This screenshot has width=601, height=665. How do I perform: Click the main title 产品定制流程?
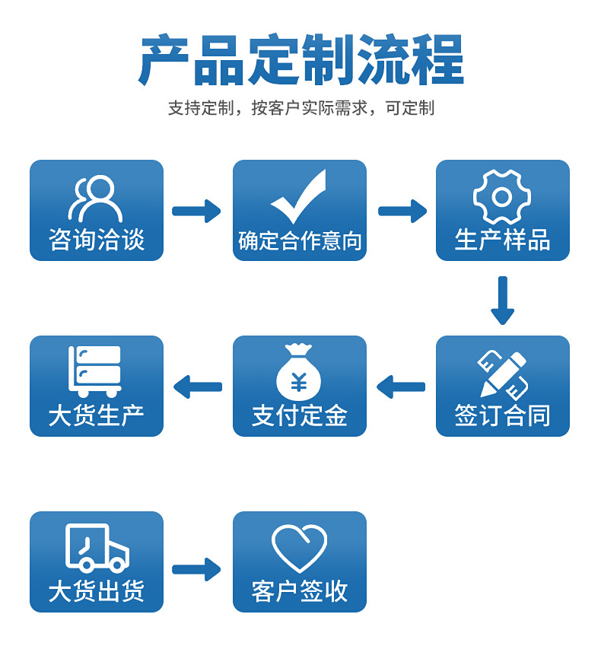pyautogui.click(x=301, y=61)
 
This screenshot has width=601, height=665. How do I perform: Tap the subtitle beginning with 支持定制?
pyautogui.click(x=301, y=108)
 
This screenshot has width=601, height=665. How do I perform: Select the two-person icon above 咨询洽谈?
pyautogui.click(x=96, y=199)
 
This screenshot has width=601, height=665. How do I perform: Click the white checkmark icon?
pyautogui.click(x=299, y=197)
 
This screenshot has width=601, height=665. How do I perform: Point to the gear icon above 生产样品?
pyautogui.click(x=502, y=197)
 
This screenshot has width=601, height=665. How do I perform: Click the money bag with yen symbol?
pyautogui.click(x=299, y=372)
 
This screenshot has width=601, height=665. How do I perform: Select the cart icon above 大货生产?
pyautogui.click(x=95, y=371)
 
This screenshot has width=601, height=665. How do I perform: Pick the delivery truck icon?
pyautogui.click(x=97, y=548)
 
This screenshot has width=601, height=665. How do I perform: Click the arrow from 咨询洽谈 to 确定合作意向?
pyautogui.click(x=196, y=211)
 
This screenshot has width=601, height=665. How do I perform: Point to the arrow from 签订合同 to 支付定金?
pyautogui.click(x=401, y=387)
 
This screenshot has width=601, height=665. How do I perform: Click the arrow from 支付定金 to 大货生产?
pyautogui.click(x=198, y=387)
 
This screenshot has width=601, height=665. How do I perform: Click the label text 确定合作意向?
pyautogui.click(x=300, y=241)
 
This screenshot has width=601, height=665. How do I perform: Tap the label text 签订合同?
pyautogui.click(x=502, y=415)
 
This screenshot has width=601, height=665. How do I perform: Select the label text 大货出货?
pyautogui.click(x=97, y=591)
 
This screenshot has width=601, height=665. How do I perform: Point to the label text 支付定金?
pyautogui.click(x=300, y=415)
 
